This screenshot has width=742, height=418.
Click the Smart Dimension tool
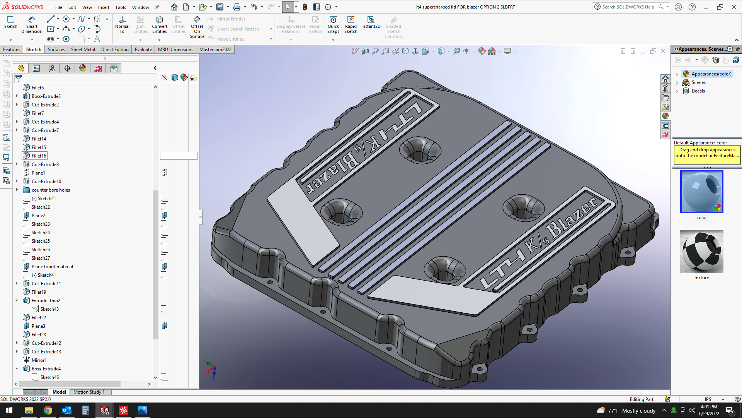(32, 25)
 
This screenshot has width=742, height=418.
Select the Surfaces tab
(56, 50)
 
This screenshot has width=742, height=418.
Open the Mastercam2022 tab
(215, 50)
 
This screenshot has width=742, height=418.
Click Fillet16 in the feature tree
(39, 156)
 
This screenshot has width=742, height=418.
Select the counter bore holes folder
(51, 190)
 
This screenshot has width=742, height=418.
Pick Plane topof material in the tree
(52, 267)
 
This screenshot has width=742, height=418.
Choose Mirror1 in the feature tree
(39, 360)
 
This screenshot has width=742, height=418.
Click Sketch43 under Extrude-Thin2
(49, 309)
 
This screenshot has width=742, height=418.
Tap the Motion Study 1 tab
(89, 392)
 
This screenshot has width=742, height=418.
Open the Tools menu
(121, 7)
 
